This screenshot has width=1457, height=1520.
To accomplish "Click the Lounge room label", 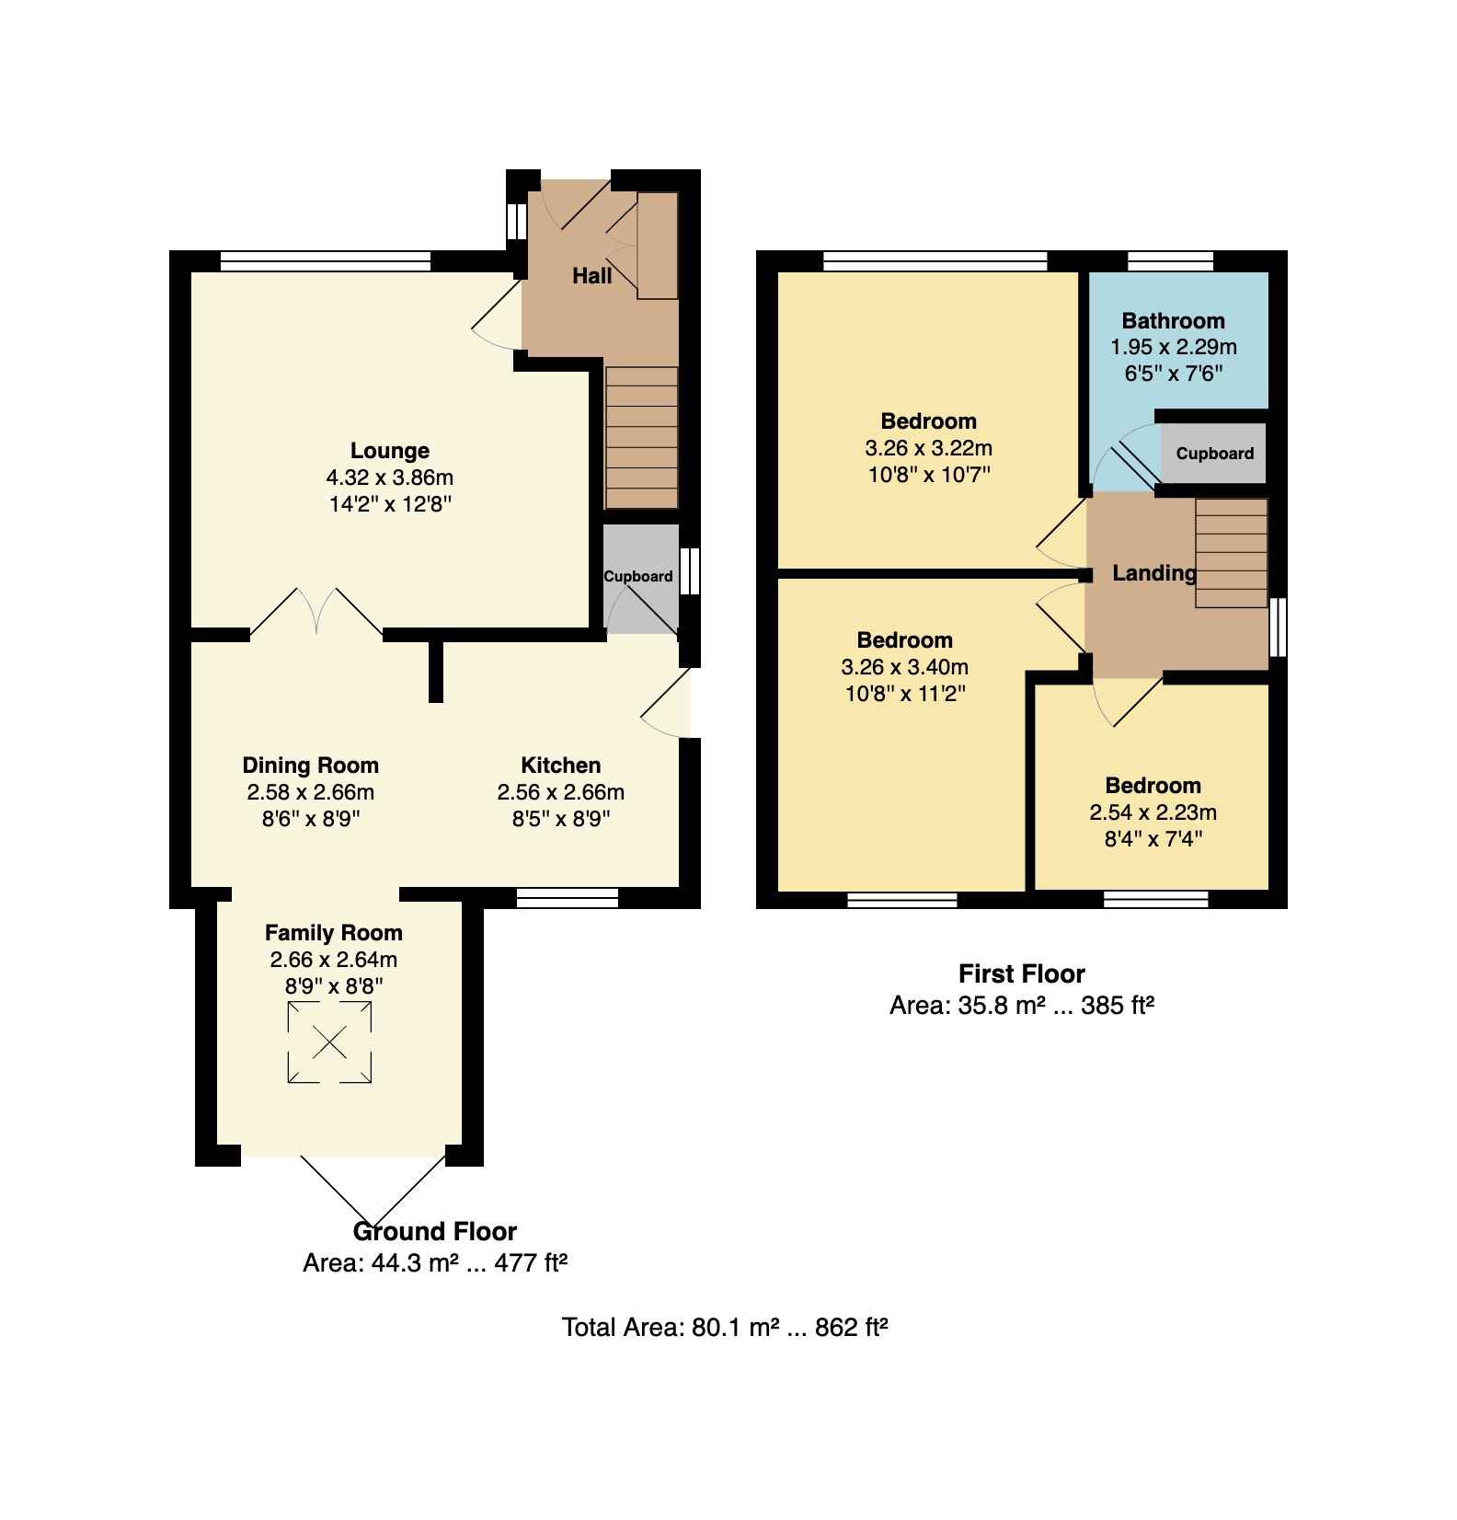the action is click(x=390, y=451).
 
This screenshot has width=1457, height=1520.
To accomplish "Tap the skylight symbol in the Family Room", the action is click(x=329, y=1042).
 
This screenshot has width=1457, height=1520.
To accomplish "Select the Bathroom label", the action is click(x=1174, y=321).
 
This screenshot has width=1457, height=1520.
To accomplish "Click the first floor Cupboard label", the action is click(x=1215, y=454).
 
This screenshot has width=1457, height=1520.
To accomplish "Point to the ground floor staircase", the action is click(x=641, y=437).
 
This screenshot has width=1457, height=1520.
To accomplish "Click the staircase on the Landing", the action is click(x=1232, y=553).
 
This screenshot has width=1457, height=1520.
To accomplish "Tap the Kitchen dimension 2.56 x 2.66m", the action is click(x=561, y=792).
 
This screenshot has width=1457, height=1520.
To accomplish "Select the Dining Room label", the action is click(x=311, y=766).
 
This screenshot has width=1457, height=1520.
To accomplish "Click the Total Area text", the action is click(x=725, y=1328).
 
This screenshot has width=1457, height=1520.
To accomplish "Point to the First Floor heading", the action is click(x=1022, y=974).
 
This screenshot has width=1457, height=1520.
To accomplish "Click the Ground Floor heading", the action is click(x=435, y=1232).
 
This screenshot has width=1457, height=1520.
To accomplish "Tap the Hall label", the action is click(x=592, y=276).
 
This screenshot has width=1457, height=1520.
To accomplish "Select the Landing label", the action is click(x=1154, y=573).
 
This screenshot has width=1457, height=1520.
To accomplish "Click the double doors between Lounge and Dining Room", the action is click(x=316, y=612).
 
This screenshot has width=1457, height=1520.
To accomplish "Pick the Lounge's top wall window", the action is click(x=326, y=261).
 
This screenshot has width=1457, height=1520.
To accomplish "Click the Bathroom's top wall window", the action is click(x=1171, y=261).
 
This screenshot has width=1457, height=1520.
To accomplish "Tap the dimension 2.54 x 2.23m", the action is click(x=1153, y=812).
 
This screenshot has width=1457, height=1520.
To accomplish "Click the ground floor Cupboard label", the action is click(x=638, y=577).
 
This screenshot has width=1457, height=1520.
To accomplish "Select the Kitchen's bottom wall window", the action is click(x=568, y=898).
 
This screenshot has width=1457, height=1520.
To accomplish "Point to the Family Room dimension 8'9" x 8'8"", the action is click(x=334, y=986).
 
